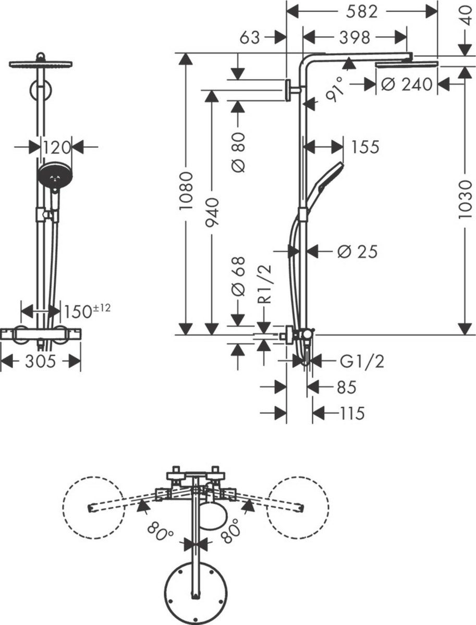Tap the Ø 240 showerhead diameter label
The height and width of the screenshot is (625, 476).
pos(407,84)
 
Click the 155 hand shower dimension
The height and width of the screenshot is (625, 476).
pos(364,147)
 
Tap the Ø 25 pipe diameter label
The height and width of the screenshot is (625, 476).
pos(357,252)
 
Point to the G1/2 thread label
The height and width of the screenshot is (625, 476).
pos(362,360)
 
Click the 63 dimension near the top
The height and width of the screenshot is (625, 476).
pos(250,37)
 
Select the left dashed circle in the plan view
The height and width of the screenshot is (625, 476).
pos(93,506)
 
